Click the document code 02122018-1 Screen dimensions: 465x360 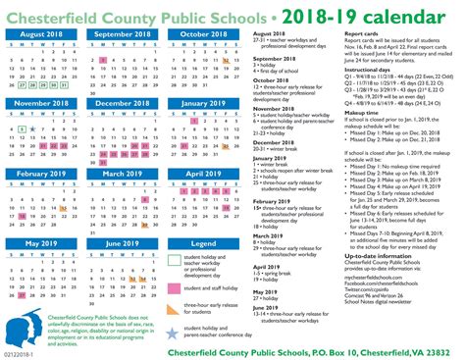[x=21, y=352]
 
